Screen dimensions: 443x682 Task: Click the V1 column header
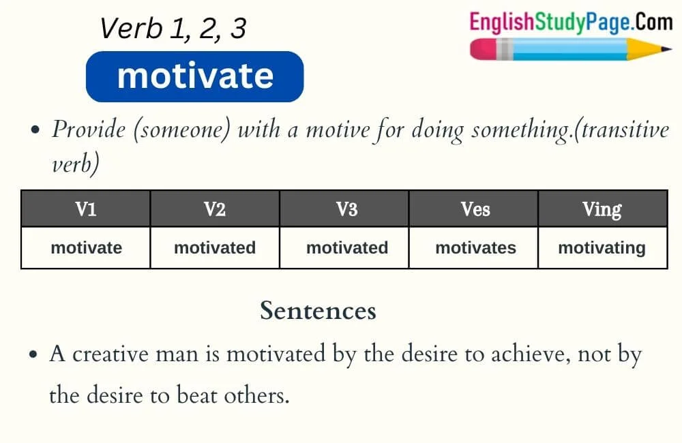point(86,209)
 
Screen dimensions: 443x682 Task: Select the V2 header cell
point(215,209)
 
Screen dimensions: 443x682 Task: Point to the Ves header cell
point(475,209)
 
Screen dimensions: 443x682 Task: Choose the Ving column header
point(602,209)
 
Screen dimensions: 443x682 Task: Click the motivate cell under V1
point(86,247)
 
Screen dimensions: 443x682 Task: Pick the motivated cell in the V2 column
point(215,247)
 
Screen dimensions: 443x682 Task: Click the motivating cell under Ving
point(602,247)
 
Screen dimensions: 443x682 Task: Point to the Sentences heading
point(318,311)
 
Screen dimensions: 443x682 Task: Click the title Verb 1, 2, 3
point(173,29)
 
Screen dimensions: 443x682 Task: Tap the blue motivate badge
point(194,76)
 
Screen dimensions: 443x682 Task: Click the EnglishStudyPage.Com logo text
point(571,22)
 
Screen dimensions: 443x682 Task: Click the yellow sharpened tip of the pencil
point(655,50)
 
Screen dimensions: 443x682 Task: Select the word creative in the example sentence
point(112,355)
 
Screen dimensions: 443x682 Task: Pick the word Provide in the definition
point(87,129)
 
